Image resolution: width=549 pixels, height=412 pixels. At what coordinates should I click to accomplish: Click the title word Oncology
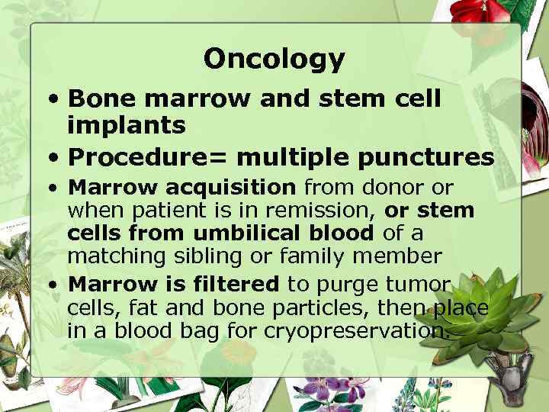pos(274,59)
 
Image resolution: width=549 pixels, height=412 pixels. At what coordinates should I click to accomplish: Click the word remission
pos(336,209)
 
